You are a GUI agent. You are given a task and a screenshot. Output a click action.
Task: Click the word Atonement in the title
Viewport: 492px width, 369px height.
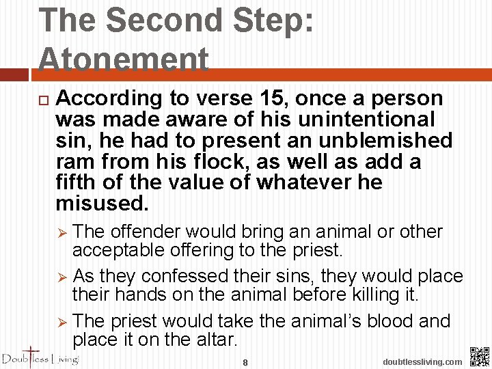pyautogui.click(x=124, y=59)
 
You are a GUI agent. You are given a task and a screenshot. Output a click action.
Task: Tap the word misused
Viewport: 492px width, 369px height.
pyautogui.click(x=100, y=204)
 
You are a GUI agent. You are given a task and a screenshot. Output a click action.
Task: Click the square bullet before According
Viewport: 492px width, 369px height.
pyautogui.click(x=43, y=100)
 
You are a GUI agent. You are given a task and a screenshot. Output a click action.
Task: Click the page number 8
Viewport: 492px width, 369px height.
pyautogui.click(x=245, y=362)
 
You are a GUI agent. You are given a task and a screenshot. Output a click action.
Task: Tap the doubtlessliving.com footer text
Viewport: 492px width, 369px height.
pyautogui.click(x=422, y=361)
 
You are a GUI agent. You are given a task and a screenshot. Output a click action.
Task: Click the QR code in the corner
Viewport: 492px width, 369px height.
pyautogui.click(x=480, y=357)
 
